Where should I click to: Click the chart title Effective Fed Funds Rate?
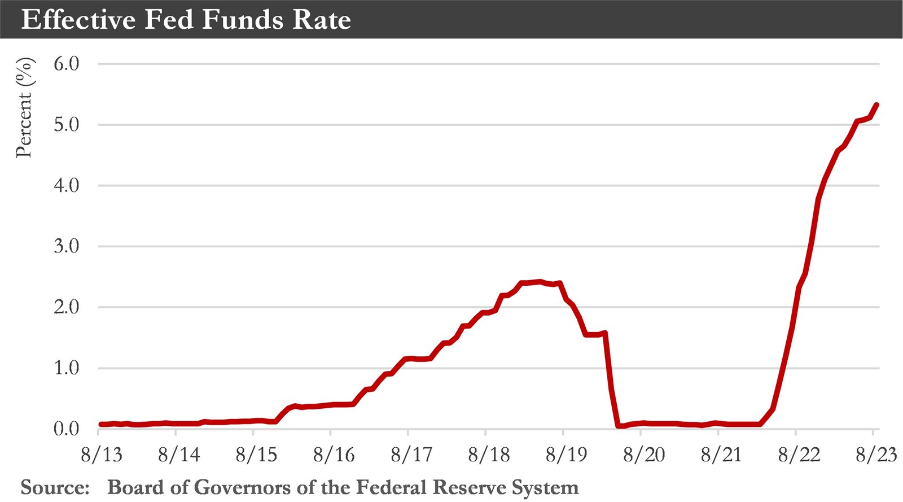coord(186,20)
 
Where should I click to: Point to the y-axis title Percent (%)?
coord(24,107)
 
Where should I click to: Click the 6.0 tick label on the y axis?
coord(66,64)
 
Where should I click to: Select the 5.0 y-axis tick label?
coord(66,125)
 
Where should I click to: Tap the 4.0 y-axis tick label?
coord(66,186)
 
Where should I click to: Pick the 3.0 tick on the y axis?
coord(66,247)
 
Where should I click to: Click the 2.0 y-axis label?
coord(66,308)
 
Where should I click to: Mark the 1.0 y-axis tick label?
coord(66,368)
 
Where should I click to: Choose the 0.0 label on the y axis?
coord(66,429)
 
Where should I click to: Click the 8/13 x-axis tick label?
coord(102,455)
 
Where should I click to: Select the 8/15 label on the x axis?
coord(256,455)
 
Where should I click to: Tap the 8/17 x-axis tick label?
coord(411,455)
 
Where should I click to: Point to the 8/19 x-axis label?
coord(566,455)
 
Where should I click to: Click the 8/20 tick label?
coord(644,455)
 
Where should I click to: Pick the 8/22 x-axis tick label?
coord(799,455)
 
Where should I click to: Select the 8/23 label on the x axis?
coord(875,455)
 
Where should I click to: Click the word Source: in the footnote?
coord(55,487)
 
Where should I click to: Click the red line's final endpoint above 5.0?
coord(876,104)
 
